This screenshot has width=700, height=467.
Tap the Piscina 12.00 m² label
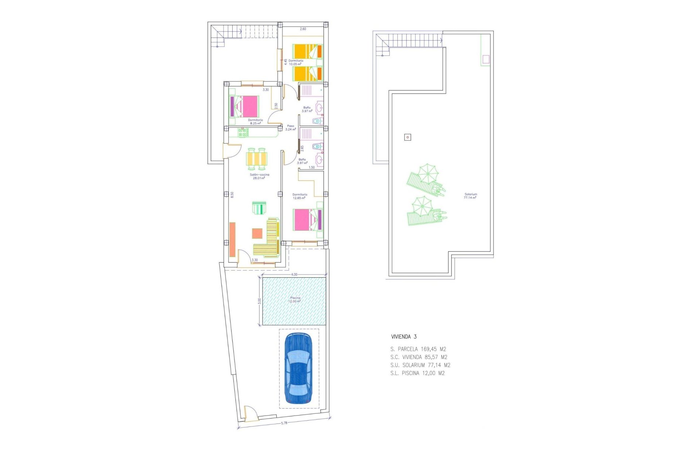[295, 300]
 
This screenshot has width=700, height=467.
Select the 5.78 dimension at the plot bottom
[284, 423]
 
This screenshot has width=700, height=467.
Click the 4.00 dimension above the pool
[294, 274]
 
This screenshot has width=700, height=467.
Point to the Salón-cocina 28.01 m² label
[259, 176]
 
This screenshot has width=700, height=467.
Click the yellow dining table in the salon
[257, 159]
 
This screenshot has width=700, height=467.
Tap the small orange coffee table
[257, 233]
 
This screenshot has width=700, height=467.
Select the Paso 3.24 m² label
[291, 127]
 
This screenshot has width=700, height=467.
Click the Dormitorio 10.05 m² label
[296, 62]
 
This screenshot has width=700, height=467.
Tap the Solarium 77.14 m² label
[470, 196]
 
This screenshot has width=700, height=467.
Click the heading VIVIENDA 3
[404, 337]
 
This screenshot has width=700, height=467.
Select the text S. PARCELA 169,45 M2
[418, 349]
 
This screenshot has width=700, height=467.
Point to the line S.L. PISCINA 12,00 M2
[417, 373]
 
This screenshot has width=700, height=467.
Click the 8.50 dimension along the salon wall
[232, 194]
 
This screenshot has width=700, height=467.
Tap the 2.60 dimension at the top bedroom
[303, 29]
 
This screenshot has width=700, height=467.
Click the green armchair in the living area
[259, 208]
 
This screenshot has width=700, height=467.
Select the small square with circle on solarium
[408, 137]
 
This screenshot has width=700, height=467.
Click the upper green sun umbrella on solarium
[427, 173]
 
